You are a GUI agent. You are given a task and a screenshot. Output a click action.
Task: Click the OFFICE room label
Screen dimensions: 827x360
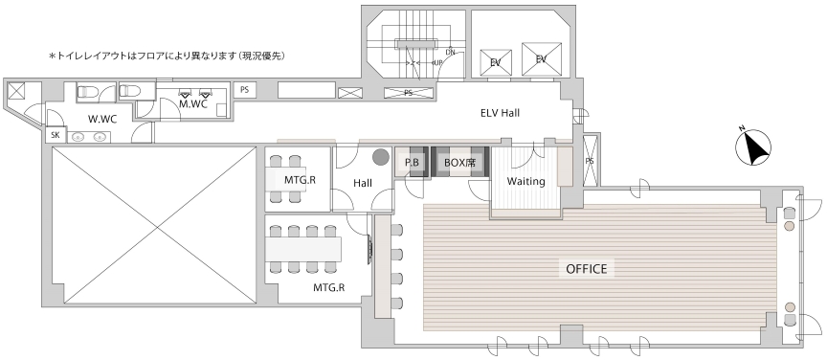tap(587, 269)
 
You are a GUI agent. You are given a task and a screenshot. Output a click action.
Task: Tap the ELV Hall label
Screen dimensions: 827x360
tap(500, 112)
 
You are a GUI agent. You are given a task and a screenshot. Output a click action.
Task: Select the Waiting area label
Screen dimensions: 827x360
tap(525, 181)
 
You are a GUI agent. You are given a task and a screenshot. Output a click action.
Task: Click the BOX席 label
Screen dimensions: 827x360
tap(459, 163)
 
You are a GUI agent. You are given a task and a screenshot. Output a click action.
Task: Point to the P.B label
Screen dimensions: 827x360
tap(412, 163)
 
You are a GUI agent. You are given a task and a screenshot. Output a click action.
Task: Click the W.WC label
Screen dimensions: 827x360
tap(102, 120)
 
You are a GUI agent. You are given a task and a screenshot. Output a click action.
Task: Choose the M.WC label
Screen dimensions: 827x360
tap(192, 104)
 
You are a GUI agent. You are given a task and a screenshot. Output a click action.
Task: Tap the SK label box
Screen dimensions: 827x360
tap(56, 135)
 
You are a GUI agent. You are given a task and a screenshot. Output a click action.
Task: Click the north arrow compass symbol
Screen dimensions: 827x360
tap(753, 146)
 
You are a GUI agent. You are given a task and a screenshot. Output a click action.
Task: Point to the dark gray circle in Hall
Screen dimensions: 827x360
tap(380, 156)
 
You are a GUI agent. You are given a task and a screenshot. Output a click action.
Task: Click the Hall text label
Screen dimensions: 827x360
tap(363, 183)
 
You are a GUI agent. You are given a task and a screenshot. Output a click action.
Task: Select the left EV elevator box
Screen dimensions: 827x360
tap(495, 62)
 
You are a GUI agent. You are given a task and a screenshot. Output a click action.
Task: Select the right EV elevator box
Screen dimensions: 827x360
tap(541, 59)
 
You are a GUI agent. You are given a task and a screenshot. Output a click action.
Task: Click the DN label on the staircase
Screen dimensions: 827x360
tap(451, 52)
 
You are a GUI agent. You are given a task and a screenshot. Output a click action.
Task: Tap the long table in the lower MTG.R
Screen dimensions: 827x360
tap(303, 249)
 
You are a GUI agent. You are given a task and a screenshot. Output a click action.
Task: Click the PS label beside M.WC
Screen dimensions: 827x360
tap(244, 90)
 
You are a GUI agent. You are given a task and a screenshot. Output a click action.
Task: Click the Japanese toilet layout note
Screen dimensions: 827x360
tap(168, 55)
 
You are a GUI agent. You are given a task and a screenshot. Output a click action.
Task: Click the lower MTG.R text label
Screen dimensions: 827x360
tap(328, 287)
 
